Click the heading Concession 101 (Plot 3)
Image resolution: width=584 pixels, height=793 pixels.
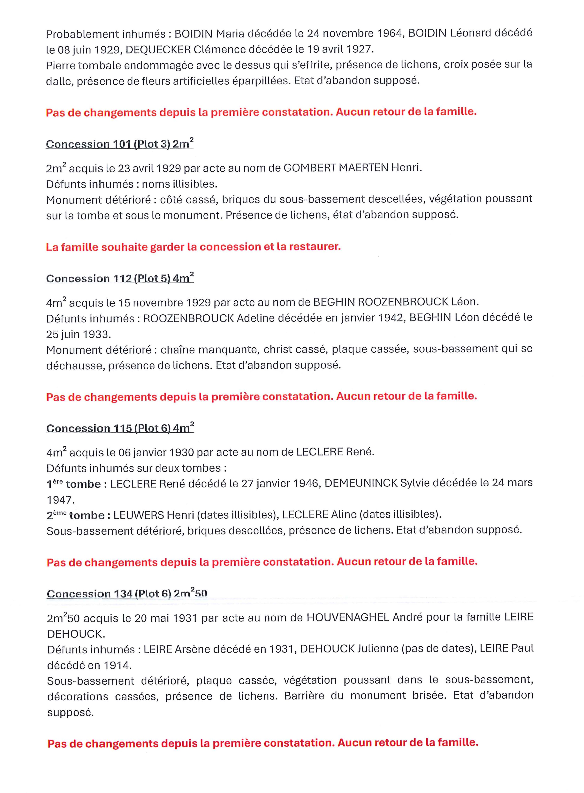pyautogui.click(x=119, y=144)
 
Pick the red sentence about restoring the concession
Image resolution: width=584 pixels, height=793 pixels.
pyautogui.click(x=193, y=247)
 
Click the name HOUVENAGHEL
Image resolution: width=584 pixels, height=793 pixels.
pyautogui.click(x=348, y=617)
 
